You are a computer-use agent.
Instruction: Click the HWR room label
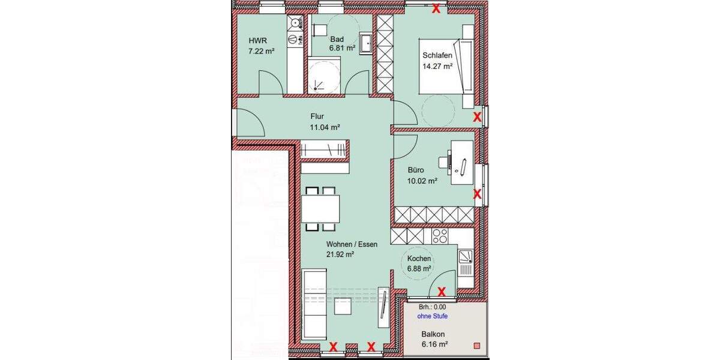(x=257, y=41)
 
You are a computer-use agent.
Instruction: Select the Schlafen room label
(x=437, y=56)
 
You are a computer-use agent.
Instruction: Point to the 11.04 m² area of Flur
(x=325, y=127)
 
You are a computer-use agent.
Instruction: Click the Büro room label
(x=416, y=169)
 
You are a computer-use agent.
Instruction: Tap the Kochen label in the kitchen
(x=419, y=259)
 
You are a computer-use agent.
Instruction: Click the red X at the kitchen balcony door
(x=442, y=292)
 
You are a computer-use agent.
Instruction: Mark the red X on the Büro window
(x=478, y=194)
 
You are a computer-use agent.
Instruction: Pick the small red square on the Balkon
(x=477, y=346)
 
